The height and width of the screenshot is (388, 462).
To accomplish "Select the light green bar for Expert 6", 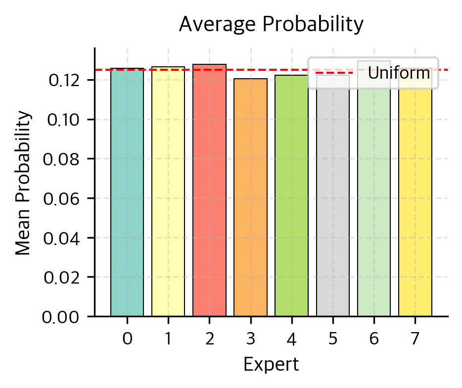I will pyautogui.click(x=374, y=198).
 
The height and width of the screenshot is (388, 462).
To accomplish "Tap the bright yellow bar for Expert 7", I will pyautogui.click(x=415, y=198).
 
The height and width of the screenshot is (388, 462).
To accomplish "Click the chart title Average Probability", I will pyautogui.click(x=271, y=24).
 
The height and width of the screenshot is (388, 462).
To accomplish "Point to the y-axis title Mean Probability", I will pyautogui.click(x=23, y=183).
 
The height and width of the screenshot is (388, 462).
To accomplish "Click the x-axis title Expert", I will pyautogui.click(x=271, y=365).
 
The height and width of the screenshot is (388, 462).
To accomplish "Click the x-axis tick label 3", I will pyautogui.click(x=250, y=339).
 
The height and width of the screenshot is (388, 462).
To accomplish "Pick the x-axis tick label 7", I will pyautogui.click(x=415, y=339).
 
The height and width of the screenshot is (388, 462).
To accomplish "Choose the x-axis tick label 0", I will pyautogui.click(x=127, y=339).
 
